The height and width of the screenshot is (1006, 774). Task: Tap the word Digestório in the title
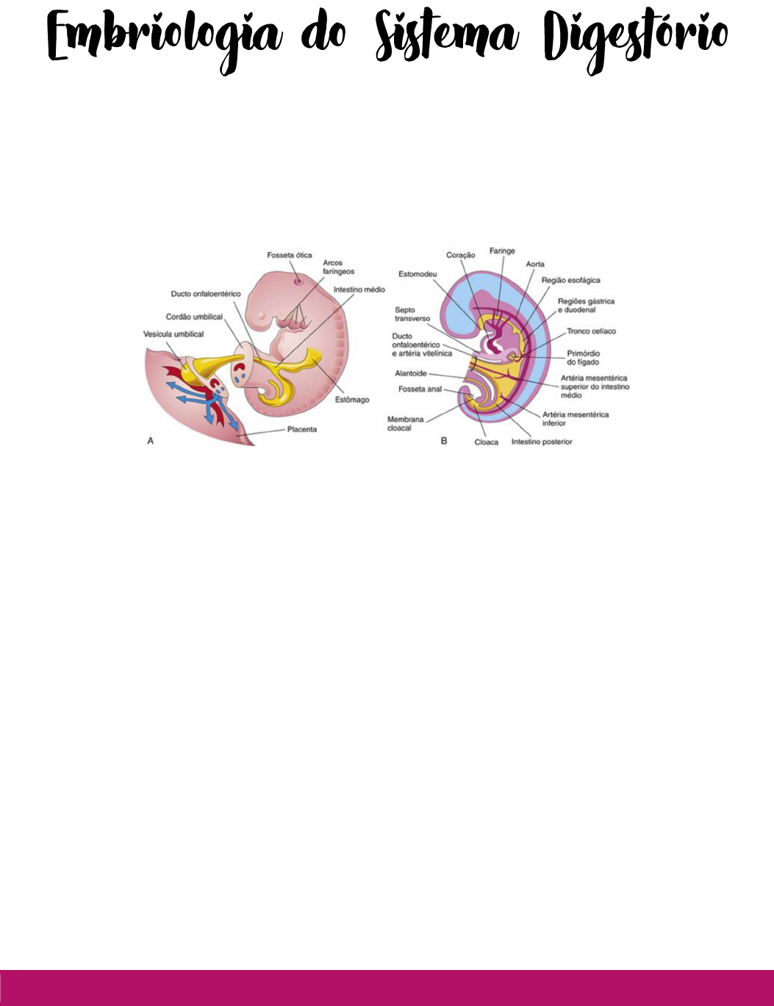pos(636,39)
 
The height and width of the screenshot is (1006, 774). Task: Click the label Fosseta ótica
pos(290,256)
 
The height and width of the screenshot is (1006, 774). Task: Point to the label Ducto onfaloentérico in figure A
pos(206,294)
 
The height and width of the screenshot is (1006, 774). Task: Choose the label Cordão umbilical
pos(194,317)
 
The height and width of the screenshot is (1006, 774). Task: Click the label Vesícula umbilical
pos(173,334)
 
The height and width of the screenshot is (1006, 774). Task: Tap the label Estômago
pos(352,400)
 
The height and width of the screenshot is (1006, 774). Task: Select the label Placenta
pos(302,429)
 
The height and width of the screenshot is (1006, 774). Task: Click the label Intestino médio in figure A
pos(359,290)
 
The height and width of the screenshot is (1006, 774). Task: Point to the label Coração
pos(461,255)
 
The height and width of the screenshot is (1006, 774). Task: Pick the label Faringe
pos(502,251)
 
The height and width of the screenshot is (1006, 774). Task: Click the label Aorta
pos(535,264)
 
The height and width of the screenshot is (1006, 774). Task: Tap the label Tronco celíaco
pos(591,331)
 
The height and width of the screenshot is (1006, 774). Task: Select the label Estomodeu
pos(418,274)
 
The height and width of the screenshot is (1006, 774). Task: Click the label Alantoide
pos(411,373)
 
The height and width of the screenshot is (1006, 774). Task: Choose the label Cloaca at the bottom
pos(487,442)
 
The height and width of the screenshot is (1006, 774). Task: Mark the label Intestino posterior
pos(542,442)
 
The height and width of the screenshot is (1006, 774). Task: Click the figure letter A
pos(151,441)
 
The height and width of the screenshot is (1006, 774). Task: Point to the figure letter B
pos(444,441)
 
